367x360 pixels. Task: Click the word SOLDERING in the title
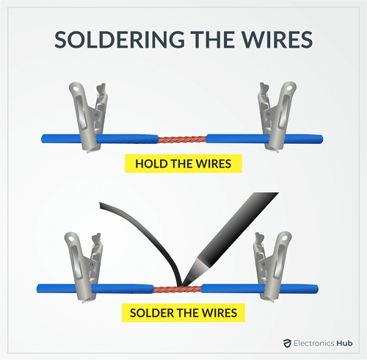tap(120, 40)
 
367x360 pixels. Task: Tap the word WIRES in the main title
tap(277, 40)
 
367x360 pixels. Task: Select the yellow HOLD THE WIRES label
tap(183, 164)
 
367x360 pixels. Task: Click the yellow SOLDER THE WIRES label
tap(183, 313)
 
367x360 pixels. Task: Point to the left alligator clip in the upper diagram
tap(88, 118)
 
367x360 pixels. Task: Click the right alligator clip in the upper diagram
tap(277, 117)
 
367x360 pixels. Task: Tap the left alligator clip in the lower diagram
tap(84, 267)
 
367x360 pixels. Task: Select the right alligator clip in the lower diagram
tap(272, 267)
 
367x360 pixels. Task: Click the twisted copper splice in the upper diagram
tap(182, 140)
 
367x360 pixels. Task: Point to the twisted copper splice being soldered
tap(178, 289)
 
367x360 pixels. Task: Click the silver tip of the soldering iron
tap(196, 272)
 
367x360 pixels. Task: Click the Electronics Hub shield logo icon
tap(287, 343)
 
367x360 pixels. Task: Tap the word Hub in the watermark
tap(344, 343)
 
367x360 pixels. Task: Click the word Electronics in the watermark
tap(314, 343)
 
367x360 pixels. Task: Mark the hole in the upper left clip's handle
tap(75, 88)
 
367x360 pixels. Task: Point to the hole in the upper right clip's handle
tap(290, 87)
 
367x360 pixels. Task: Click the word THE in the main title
tap(213, 40)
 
